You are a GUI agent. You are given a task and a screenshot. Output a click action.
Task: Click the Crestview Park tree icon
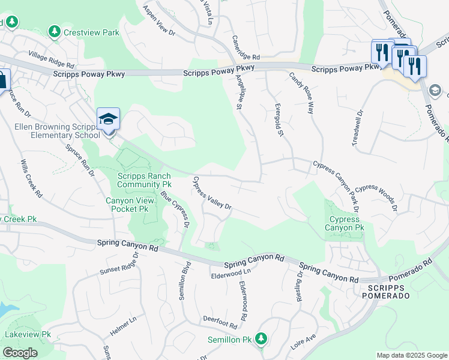click(55, 31)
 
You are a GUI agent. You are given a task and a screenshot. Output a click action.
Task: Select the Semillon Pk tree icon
click(261, 339)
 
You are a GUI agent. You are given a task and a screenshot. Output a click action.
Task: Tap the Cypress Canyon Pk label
click(345, 224)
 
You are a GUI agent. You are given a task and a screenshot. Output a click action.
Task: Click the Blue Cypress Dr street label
click(175, 209)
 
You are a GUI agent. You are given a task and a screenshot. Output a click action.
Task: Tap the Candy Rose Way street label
click(302, 93)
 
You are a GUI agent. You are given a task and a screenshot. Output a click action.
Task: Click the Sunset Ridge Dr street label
click(119, 263)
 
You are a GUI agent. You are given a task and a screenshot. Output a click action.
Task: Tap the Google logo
click(20, 353)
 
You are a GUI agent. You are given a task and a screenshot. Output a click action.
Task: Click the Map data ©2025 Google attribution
click(412, 355)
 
